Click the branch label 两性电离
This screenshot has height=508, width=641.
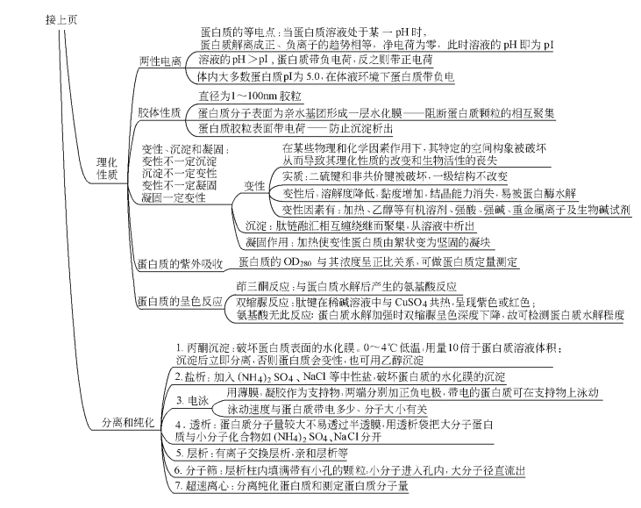pyautogui.click(x=160, y=61)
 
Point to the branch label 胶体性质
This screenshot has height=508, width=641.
pyautogui.click(x=160, y=112)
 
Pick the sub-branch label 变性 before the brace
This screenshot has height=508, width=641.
pyautogui.click(x=254, y=187)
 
